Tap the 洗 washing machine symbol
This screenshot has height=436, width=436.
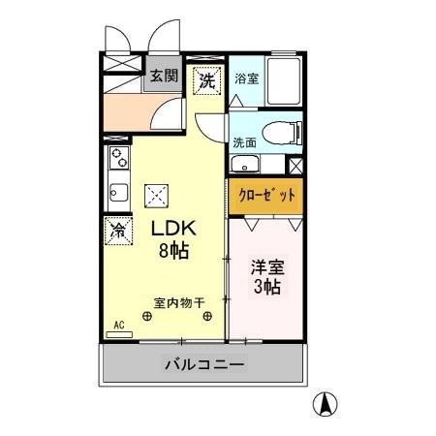206,81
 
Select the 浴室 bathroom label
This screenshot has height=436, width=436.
246,78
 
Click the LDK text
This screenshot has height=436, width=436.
173,230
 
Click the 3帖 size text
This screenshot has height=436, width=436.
267,288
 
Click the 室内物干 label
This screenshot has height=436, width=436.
177,301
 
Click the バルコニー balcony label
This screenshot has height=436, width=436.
204,365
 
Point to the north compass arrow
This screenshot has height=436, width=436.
327,404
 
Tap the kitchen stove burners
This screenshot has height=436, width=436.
118,157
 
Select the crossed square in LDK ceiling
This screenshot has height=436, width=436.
155,195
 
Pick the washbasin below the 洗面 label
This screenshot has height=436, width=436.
246,164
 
